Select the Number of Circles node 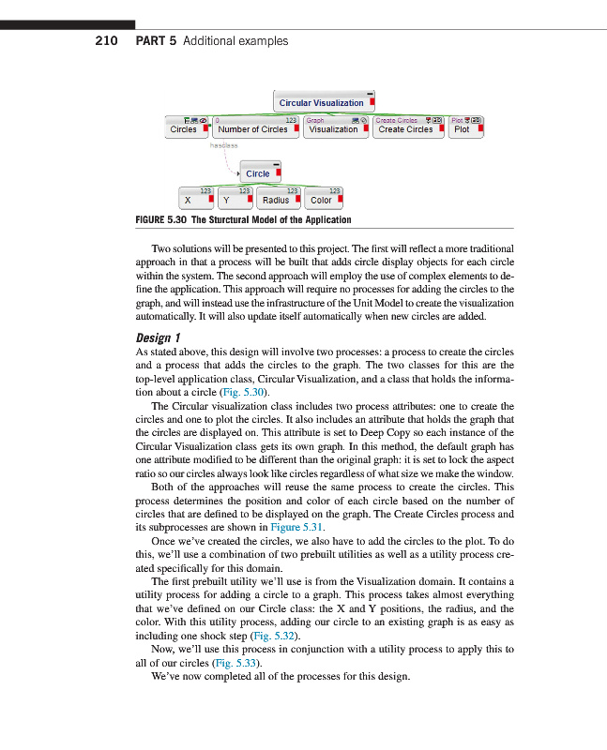(252, 129)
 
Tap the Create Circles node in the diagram (406, 129)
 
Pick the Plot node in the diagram (462, 129)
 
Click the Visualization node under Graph (334, 129)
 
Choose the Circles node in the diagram (184, 129)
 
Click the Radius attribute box (276, 200)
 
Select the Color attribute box (321, 200)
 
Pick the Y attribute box (227, 200)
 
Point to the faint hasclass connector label (224, 145)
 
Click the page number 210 (106, 40)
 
